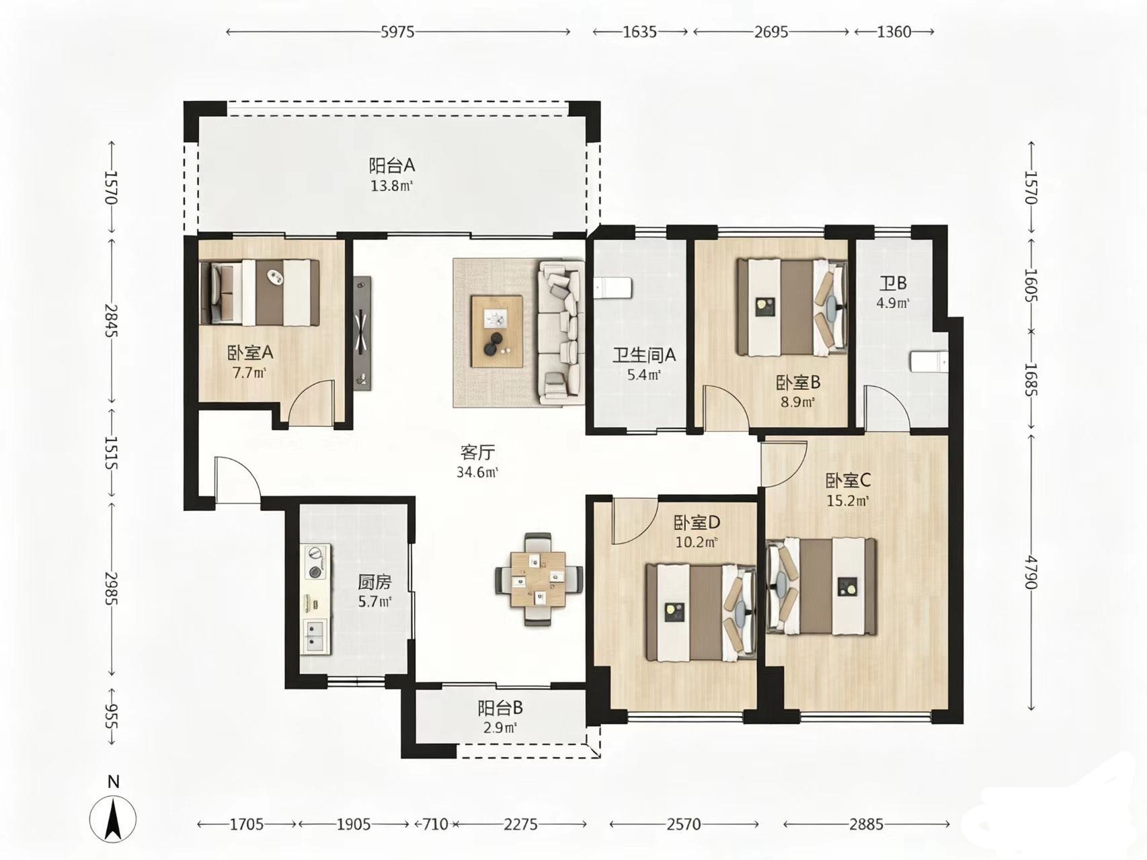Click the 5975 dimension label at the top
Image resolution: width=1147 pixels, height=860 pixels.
point(398,32)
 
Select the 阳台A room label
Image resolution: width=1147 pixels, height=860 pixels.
point(392,165)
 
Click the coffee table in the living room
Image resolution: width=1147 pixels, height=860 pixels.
point(498,331)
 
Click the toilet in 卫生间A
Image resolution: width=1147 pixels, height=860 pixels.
point(613,288)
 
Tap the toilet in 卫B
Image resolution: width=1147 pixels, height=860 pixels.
point(928,362)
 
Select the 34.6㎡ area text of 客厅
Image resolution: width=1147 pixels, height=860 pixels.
point(477,472)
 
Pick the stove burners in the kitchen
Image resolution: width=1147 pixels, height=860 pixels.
point(314,563)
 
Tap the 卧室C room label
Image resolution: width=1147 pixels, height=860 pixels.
point(848,480)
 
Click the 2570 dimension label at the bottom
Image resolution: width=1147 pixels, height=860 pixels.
point(684,824)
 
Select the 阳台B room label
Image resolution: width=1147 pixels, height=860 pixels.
point(500,708)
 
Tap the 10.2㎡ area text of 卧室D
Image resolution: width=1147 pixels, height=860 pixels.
point(696,541)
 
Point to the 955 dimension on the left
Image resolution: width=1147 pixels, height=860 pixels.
point(112,717)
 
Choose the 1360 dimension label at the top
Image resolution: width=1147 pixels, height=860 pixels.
point(894,32)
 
